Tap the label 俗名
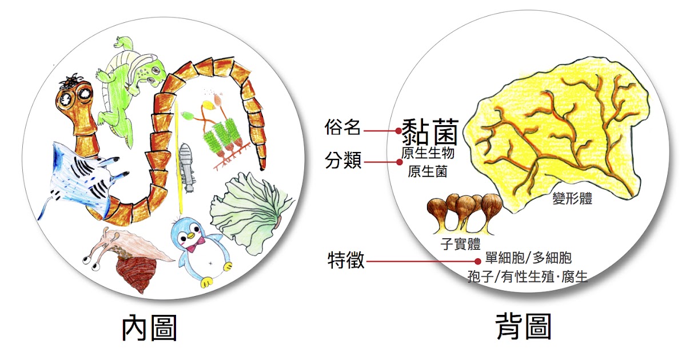click(x=343, y=129)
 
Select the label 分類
click(x=343, y=161)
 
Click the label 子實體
click(x=460, y=244)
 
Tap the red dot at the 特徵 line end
click(x=477, y=261)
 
